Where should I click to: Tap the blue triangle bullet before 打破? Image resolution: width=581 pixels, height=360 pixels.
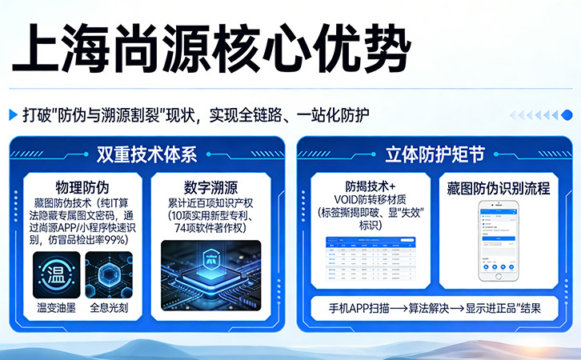pos(14,114)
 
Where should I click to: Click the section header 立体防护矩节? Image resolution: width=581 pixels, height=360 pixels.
pos(435,154)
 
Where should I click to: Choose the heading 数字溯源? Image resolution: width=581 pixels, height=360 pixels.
pos(210,189)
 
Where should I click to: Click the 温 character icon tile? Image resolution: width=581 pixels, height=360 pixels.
pos(56,274)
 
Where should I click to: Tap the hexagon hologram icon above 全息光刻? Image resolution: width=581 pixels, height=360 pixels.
pos(109,274)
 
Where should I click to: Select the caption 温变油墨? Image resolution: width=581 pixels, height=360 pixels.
pos(56,307)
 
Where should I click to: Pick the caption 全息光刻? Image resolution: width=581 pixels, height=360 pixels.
pos(109,307)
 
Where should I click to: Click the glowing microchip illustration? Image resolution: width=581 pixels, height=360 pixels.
pos(210,269)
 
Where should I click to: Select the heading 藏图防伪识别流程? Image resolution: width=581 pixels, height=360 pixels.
pos(499,189)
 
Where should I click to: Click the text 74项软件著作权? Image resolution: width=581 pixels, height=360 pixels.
pos(210,227)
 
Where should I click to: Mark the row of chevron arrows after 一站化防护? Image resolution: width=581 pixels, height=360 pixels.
pos(535,114)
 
